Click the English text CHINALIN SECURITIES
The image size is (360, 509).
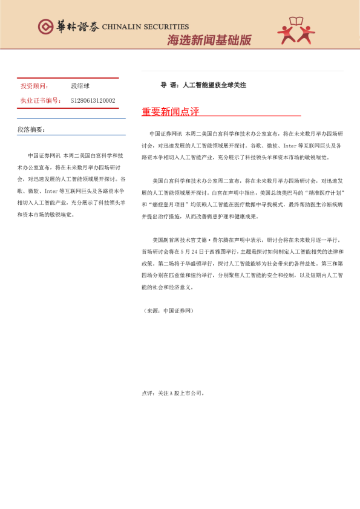coord(145,27)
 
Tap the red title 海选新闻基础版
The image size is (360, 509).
coord(209,41)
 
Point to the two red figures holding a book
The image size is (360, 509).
coord(296,31)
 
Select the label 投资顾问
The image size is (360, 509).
coord(35,86)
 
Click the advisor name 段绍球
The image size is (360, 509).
coord(80,86)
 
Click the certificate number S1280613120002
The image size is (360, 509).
coord(93,100)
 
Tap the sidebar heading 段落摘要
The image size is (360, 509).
coord(31,129)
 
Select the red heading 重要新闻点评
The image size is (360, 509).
coord(170,112)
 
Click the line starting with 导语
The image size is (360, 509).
coord(203,85)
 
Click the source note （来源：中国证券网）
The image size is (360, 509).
coord(168,310)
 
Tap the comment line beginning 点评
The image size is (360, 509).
coord(173,393)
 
